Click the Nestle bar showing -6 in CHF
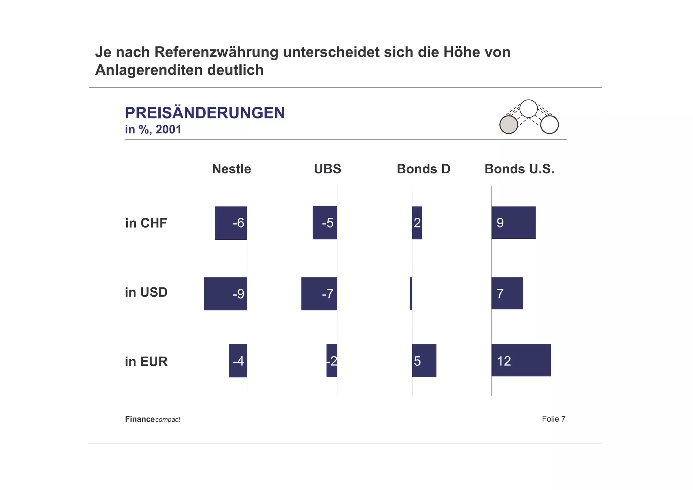tap(231, 223)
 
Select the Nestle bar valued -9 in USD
tap(225, 294)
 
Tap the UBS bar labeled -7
tap(319, 294)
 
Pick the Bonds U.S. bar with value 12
tap(521, 360)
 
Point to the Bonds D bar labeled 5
tap(424, 360)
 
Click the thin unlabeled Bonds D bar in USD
tap(411, 293)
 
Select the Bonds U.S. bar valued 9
tap(513, 222)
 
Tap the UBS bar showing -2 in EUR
tap(332, 360)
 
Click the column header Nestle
tap(231, 169)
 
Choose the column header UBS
tap(327, 169)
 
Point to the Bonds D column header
tap(423, 169)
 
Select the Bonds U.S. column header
tap(519, 169)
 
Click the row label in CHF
tap(146, 223)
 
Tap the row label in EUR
tap(146, 362)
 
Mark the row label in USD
tap(146, 292)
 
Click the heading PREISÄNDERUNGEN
tap(205, 113)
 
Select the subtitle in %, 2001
tap(153, 130)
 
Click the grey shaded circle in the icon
tap(509, 125)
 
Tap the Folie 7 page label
tap(553, 419)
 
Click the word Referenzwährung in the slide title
tap(216, 52)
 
